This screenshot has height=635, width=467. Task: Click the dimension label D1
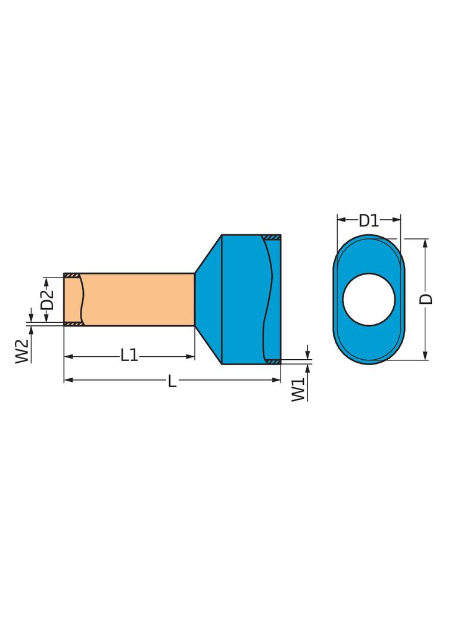[369, 221]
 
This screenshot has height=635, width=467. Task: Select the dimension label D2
[48, 300]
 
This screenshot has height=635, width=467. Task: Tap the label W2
[22, 351]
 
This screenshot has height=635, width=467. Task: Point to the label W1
[298, 390]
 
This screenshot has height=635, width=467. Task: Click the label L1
[129, 356]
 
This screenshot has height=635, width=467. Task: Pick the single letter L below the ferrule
[172, 381]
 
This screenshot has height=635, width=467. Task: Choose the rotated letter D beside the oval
[426, 299]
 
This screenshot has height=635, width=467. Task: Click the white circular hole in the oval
[369, 299]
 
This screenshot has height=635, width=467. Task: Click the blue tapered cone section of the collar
[209, 299]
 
